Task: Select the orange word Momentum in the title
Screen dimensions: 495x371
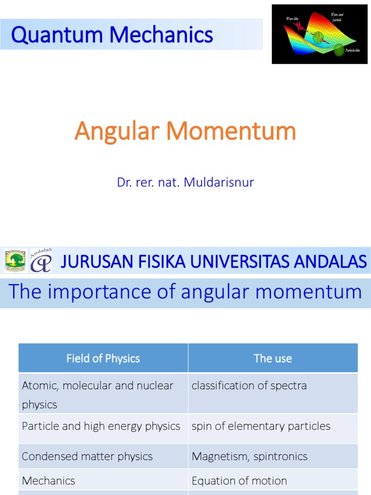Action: tap(230, 131)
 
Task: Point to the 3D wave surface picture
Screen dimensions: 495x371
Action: tap(320, 34)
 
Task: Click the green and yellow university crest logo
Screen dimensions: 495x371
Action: tap(15, 261)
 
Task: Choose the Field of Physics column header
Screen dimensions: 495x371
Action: tap(103, 358)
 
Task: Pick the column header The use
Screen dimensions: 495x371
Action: tap(273, 358)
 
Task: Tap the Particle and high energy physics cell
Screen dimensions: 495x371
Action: tap(101, 426)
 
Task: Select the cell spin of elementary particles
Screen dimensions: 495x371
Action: tap(261, 426)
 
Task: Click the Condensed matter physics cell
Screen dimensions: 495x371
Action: tap(87, 456)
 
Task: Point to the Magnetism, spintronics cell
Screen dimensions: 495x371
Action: tap(249, 456)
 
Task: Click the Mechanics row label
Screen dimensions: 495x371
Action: tap(48, 481)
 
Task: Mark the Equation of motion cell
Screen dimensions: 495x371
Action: tap(239, 481)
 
